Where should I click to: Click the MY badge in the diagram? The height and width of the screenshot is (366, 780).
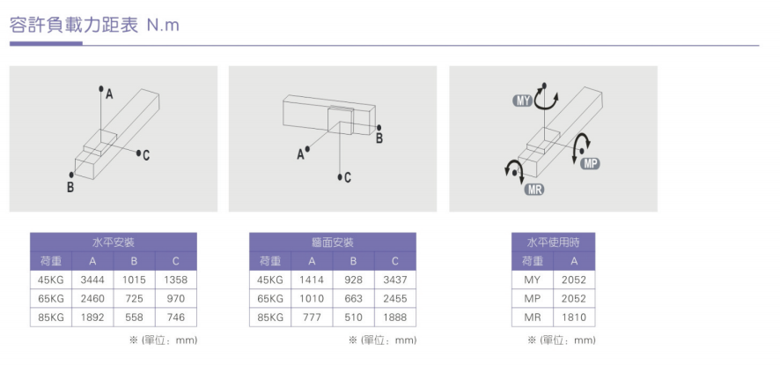click(522, 101)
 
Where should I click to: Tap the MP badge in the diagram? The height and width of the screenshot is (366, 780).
click(590, 163)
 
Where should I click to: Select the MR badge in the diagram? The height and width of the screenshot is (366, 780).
click(534, 189)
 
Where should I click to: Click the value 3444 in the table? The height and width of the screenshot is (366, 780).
click(92, 280)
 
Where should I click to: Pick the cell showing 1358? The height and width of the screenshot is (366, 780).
click(175, 280)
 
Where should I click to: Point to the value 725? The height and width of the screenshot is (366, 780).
click(135, 299)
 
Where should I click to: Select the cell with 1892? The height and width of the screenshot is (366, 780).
click(92, 317)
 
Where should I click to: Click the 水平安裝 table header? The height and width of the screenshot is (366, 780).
click(114, 243)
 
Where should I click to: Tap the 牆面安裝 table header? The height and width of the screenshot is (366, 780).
click(332, 243)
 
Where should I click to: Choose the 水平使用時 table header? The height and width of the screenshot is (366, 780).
click(553, 243)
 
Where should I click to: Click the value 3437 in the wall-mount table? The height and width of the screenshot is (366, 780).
click(395, 280)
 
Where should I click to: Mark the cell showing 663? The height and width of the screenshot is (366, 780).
click(353, 299)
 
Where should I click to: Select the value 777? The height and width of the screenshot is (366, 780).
click(312, 317)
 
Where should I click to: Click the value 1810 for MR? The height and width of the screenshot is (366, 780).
click(574, 317)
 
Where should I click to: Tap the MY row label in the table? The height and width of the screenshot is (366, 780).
click(533, 280)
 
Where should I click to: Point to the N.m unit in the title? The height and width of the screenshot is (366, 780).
click(163, 26)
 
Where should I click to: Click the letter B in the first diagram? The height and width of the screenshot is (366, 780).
click(70, 187)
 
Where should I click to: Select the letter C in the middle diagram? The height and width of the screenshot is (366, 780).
click(347, 177)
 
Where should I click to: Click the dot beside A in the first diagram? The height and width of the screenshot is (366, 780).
click(101, 89)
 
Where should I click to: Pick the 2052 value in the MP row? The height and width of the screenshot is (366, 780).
click(574, 299)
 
